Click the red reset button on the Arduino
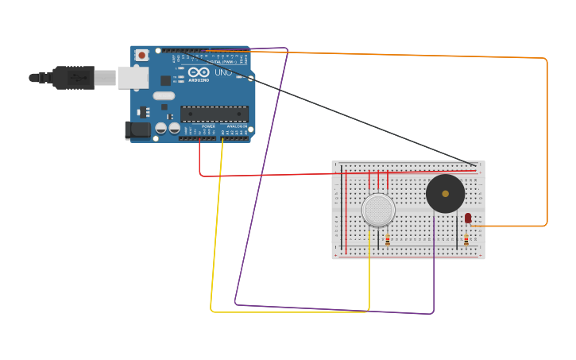(141, 55)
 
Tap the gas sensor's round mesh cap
(378, 210)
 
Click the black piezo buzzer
(445, 194)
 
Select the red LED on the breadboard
(468, 218)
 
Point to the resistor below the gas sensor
(387, 238)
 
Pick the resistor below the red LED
(466, 238)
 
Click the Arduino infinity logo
(199, 72)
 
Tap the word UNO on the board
(223, 72)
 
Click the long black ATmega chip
(215, 114)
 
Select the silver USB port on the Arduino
(133, 77)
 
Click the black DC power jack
(137, 130)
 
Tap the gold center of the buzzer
(445, 194)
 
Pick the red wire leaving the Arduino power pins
(199, 159)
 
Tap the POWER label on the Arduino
(208, 126)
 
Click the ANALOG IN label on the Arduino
(237, 126)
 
